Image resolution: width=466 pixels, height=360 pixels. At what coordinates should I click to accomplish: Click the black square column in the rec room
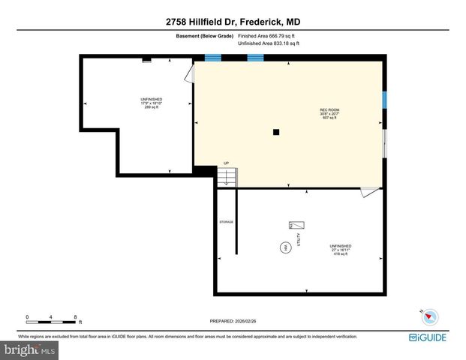click(277, 133)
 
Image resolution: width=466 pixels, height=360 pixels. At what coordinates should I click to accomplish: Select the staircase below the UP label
click(227, 178)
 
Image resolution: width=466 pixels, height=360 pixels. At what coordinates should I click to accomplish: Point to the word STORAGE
click(226, 222)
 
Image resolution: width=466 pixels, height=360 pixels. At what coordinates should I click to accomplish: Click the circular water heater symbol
click(284, 247)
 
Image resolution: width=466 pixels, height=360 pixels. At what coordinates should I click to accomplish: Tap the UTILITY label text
click(299, 238)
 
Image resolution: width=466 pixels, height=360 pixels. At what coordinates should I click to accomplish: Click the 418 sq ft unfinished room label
click(340, 250)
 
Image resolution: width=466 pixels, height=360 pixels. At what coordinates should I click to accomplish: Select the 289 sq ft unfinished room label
click(152, 103)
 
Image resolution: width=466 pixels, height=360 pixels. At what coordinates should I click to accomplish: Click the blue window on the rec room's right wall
click(383, 100)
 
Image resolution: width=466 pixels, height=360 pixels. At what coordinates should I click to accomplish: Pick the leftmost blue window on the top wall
click(214, 57)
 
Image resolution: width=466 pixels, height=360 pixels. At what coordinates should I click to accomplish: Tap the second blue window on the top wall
click(256, 57)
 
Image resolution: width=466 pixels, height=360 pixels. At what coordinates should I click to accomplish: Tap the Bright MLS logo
click(30, 349)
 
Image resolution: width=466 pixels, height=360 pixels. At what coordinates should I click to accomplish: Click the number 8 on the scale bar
click(76, 317)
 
